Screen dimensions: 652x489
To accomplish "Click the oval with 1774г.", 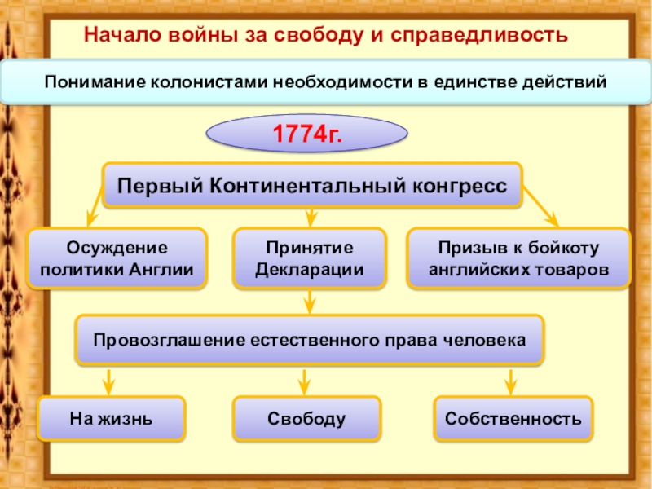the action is pyautogui.click(x=307, y=134).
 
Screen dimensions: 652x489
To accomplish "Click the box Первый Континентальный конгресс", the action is pyautogui.click(x=312, y=186).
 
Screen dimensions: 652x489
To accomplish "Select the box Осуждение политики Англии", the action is pyautogui.click(x=117, y=258).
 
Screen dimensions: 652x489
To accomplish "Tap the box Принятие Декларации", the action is pyautogui.click(x=310, y=258).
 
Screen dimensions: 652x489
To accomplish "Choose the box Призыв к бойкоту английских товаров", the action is pyautogui.click(x=518, y=258).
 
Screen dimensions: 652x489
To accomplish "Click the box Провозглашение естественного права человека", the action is pyautogui.click(x=310, y=340).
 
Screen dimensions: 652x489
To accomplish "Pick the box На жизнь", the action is pyautogui.click(x=111, y=418).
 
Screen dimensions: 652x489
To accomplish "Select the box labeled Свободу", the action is pyautogui.click(x=307, y=418).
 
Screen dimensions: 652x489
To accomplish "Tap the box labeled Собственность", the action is pyautogui.click(x=513, y=418).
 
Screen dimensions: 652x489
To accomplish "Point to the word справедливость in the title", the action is pyautogui.click(x=479, y=35).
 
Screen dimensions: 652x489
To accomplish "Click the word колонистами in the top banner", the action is pyautogui.click(x=209, y=82).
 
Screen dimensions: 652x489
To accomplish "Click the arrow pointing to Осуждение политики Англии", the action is pyautogui.click(x=95, y=206).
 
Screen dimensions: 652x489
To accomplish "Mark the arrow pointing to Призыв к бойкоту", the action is pyautogui.click(x=540, y=207).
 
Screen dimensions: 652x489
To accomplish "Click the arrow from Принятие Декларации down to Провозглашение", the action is pyautogui.click(x=310, y=302).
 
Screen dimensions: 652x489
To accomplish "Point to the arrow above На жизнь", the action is pyautogui.click(x=108, y=382).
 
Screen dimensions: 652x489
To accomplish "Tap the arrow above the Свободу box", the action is pyautogui.click(x=304, y=382).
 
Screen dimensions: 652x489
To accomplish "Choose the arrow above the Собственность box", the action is pyautogui.click(x=511, y=382).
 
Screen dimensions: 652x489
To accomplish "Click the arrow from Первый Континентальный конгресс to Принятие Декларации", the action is pyautogui.click(x=311, y=218).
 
